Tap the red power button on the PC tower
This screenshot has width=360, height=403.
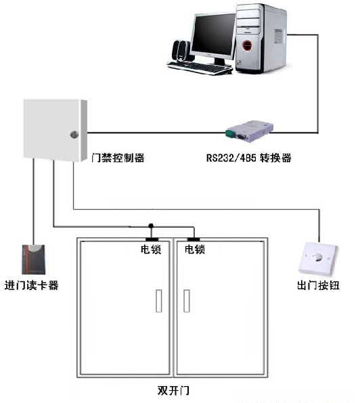[247, 46]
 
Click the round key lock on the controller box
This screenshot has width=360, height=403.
[74, 135]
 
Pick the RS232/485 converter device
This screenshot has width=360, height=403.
[249, 131]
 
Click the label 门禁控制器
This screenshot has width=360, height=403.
[118, 158]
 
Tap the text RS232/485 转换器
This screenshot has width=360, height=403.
[248, 158]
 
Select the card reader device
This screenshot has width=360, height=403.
[33, 259]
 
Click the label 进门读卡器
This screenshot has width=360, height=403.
[31, 285]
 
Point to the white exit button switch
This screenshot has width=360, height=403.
[318, 258]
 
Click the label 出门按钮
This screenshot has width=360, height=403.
[318, 285]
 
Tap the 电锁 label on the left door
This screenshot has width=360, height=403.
[151, 249]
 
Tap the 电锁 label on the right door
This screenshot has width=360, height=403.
[195, 249]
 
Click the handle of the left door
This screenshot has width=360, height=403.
[159, 301]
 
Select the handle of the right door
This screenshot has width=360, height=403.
[187, 301]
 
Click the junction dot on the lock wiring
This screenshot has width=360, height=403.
[151, 226]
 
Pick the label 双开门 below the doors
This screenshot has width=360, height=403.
[173, 390]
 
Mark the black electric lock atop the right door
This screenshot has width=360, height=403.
[194, 239]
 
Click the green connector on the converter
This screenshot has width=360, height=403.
[229, 134]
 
